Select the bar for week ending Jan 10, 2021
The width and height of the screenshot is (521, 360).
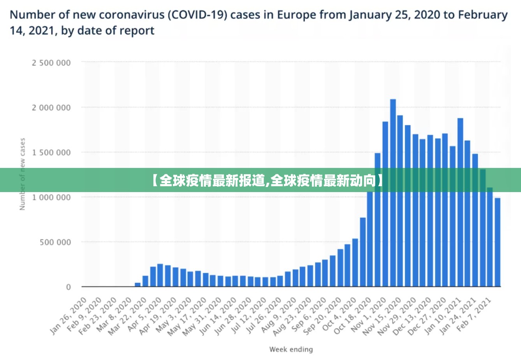460,202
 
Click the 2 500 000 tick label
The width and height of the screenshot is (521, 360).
51,63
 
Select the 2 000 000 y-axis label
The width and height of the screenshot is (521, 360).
51,108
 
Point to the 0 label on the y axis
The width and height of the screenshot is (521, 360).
69,287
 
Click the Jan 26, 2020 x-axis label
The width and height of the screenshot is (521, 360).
69,316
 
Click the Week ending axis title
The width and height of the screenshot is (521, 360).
291,349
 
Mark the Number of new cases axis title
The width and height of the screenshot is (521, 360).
22,174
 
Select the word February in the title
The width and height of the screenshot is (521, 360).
482,15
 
